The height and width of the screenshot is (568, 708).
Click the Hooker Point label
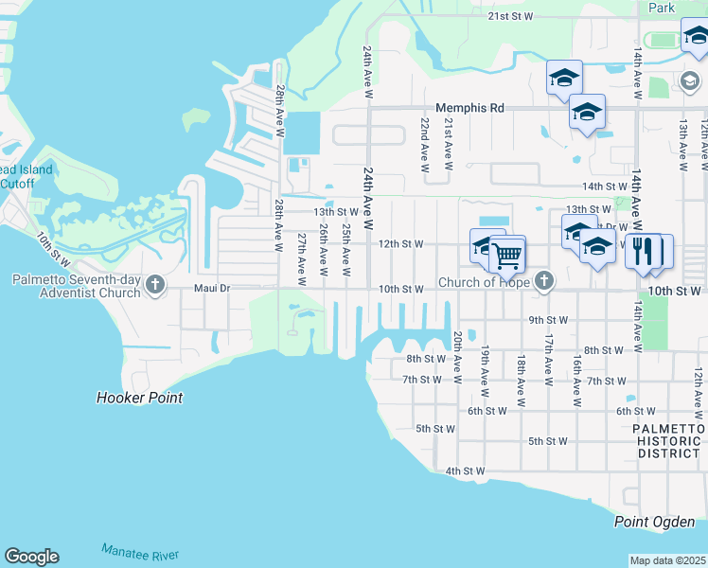click(139, 398)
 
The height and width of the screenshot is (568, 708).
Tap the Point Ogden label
click(654, 522)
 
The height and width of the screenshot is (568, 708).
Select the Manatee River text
click(139, 553)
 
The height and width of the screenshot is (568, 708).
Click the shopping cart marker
click(507, 254)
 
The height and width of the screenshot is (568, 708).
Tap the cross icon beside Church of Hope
click(543, 280)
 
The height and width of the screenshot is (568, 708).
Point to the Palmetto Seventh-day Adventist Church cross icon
click(155, 284)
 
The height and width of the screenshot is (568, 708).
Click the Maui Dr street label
click(212, 289)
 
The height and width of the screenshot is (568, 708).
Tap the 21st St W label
click(511, 17)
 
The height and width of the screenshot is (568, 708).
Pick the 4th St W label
click(465, 470)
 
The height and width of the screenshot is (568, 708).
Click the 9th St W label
click(548, 320)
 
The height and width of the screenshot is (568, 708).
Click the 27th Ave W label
click(301, 259)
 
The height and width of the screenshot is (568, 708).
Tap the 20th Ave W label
click(458, 357)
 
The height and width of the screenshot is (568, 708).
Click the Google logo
click(31, 557)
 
